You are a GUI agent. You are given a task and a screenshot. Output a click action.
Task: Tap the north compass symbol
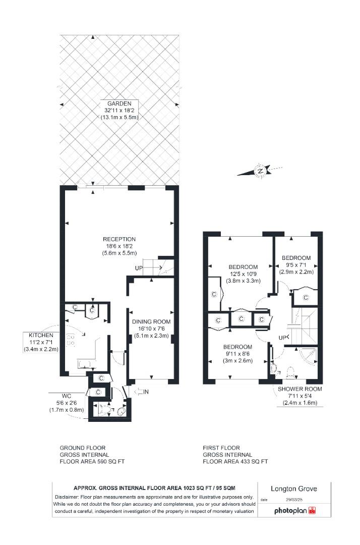click(260, 171)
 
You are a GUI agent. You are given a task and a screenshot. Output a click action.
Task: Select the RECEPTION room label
click(119, 239)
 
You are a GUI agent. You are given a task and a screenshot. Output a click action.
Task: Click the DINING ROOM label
click(151, 321)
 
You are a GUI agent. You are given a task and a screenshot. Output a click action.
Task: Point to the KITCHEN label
click(41, 335)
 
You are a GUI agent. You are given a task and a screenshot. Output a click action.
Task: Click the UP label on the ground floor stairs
click(139, 267)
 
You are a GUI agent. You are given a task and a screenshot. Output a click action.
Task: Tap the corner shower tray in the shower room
click(309, 356)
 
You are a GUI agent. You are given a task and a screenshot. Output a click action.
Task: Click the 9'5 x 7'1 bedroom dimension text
click(296, 264)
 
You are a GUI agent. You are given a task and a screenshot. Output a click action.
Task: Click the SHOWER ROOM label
click(299, 389)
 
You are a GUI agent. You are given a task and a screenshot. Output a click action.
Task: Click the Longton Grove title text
click(294, 488)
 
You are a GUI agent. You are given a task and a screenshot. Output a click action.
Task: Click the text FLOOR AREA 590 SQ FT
click(92, 461)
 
